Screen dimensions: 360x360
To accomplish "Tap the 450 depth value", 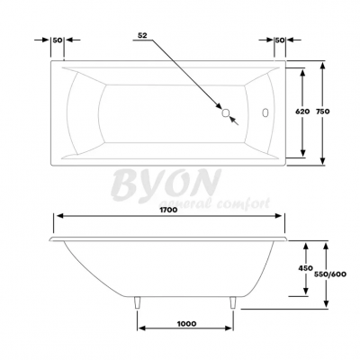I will click(x=305, y=267).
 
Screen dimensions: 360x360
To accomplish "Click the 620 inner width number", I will click(x=302, y=112).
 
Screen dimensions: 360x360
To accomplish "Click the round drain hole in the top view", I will click(x=226, y=113).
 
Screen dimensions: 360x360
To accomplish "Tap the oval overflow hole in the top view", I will click(x=265, y=113).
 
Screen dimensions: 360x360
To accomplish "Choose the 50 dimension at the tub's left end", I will click(x=58, y=40).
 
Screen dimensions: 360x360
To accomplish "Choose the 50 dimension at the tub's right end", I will click(x=279, y=40).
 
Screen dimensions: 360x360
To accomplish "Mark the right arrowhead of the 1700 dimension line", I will click(x=283, y=218).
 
